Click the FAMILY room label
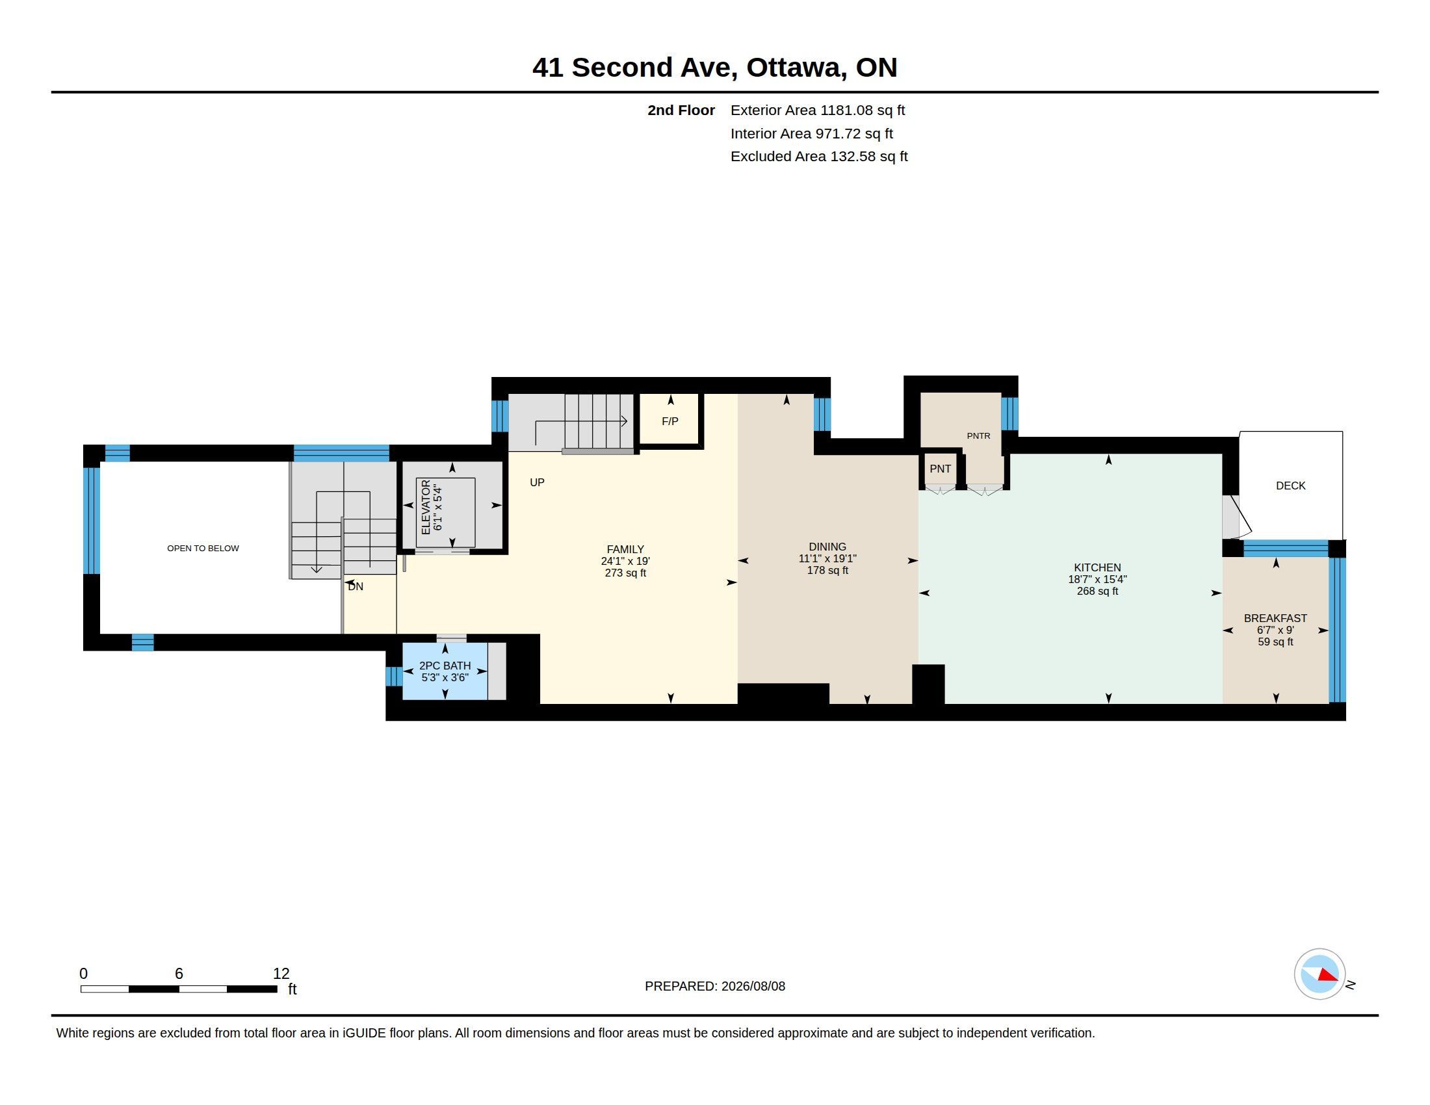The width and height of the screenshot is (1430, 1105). (x=625, y=549)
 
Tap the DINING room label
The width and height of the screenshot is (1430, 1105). (x=827, y=547)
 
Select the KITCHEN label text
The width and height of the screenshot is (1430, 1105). (x=1097, y=567)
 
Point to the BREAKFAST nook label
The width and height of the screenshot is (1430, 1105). (x=1275, y=618)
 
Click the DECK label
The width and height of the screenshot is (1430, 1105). (x=1290, y=486)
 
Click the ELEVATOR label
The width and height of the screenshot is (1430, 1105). (x=426, y=507)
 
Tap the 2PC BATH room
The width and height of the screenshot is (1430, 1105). (x=445, y=671)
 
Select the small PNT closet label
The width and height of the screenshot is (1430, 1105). (x=941, y=469)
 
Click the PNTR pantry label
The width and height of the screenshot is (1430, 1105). (x=978, y=436)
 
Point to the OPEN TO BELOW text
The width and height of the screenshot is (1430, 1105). (x=203, y=549)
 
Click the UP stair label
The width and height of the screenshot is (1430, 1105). (x=537, y=482)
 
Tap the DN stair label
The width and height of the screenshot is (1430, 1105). (x=356, y=586)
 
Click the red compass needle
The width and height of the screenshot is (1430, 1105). (x=1327, y=975)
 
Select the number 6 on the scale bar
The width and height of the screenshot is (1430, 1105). (x=179, y=974)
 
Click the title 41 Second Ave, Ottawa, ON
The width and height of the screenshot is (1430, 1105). (x=714, y=68)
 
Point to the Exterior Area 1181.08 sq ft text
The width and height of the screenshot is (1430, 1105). (x=818, y=110)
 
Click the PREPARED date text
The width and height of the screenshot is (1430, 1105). (x=715, y=986)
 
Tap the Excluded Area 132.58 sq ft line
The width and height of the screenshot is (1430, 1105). (x=819, y=157)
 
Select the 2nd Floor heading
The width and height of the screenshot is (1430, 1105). (x=681, y=110)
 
